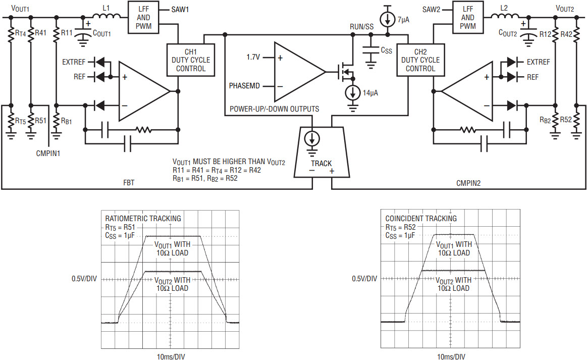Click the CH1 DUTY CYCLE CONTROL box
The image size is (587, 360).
coord(191,60)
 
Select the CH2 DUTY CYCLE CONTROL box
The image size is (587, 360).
coord(420,60)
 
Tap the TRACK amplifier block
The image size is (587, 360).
coord(322,151)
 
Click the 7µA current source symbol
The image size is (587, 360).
coord(388,20)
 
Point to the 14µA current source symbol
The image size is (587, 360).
coord(353,92)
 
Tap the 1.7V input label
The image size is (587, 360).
coord(253,57)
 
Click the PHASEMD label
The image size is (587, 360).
coord(244,86)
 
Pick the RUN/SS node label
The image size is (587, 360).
coord(361,27)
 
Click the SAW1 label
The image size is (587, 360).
coord(180,10)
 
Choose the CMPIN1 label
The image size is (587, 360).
coord(48,153)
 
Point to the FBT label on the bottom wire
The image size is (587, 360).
coord(129,183)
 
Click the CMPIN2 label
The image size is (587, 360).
coord(468,183)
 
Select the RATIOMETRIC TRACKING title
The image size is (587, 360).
coord(143,219)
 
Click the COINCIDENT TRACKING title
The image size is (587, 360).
coord(421,219)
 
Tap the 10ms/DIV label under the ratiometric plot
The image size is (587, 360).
coord(171,356)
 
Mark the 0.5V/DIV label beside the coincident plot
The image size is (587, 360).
coord(364,278)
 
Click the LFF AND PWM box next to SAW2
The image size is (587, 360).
coord(468,17)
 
